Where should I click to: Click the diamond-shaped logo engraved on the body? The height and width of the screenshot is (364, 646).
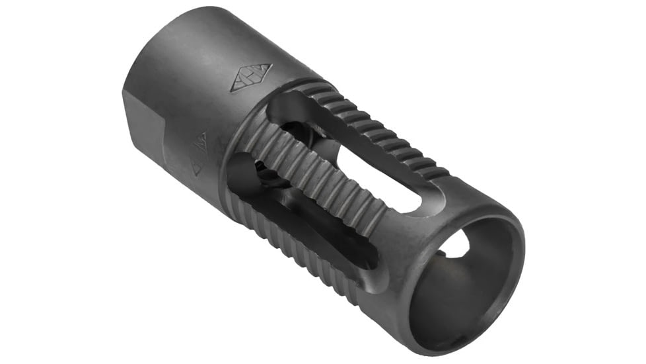pyautogui.click(x=251, y=78)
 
